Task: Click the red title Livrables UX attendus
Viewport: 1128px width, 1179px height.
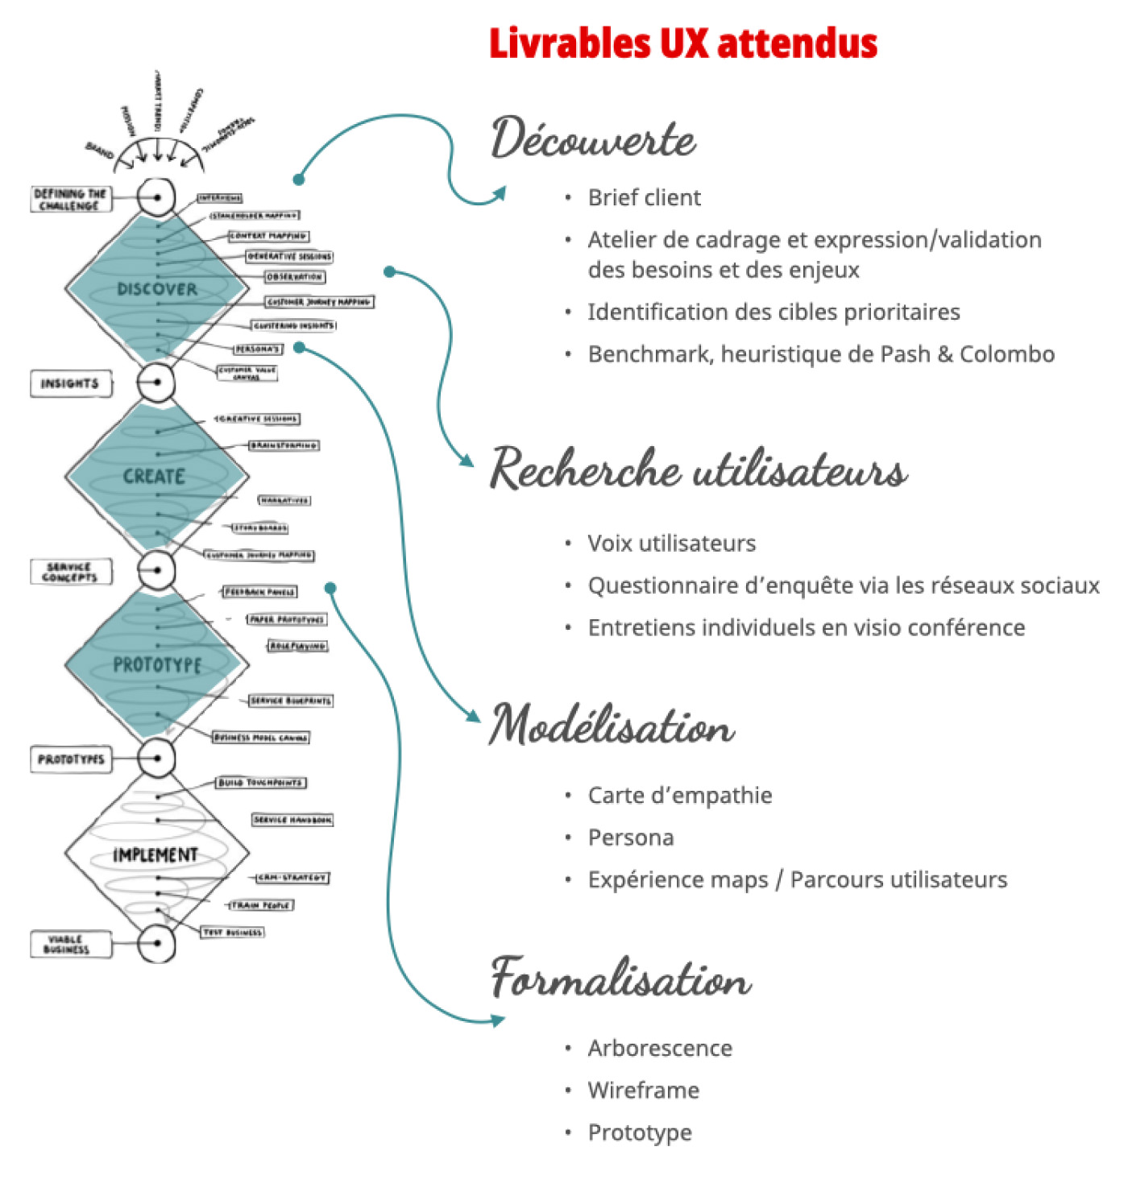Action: pos(682,43)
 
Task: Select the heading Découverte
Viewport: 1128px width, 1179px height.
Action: pos(593,139)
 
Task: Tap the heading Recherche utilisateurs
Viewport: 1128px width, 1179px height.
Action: pos(699,469)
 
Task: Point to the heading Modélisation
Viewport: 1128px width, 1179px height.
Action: pos(612,724)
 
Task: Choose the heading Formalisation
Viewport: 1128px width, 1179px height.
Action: pos(621,978)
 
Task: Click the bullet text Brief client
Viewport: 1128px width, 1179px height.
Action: pos(644,197)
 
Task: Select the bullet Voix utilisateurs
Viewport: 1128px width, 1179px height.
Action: pos(671,543)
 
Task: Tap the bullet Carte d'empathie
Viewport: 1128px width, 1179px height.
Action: pos(679,795)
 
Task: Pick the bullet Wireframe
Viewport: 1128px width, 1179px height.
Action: pos(643,1090)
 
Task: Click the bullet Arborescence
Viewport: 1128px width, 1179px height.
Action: pos(660,1048)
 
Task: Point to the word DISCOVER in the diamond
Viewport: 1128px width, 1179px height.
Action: pos(156,289)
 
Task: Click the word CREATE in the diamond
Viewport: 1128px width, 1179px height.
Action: pos(154,476)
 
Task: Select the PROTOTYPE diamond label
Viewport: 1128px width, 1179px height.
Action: pos(156,664)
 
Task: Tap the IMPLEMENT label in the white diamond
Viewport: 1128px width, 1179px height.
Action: pos(155,854)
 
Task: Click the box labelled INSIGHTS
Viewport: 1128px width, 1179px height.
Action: pos(70,383)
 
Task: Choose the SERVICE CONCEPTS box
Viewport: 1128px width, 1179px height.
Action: pos(70,572)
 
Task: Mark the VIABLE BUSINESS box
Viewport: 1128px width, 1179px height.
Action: pos(68,944)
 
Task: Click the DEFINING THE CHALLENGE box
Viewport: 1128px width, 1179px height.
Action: pos(70,199)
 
